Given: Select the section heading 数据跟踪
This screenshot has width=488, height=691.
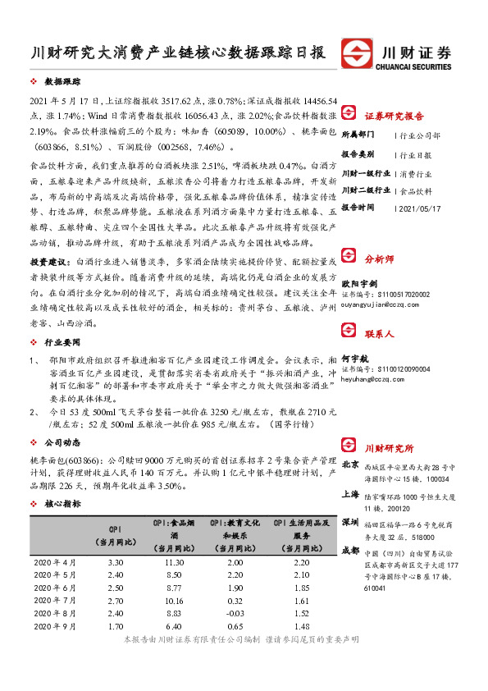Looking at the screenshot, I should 62,83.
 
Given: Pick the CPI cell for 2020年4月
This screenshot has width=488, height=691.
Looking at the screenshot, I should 116,561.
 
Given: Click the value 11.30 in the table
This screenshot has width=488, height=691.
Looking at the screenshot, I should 173,561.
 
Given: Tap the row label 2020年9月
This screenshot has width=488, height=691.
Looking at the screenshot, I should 55,625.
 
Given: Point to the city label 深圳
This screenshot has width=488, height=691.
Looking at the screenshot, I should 350,522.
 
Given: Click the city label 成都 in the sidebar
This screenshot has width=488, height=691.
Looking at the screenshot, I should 350,550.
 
